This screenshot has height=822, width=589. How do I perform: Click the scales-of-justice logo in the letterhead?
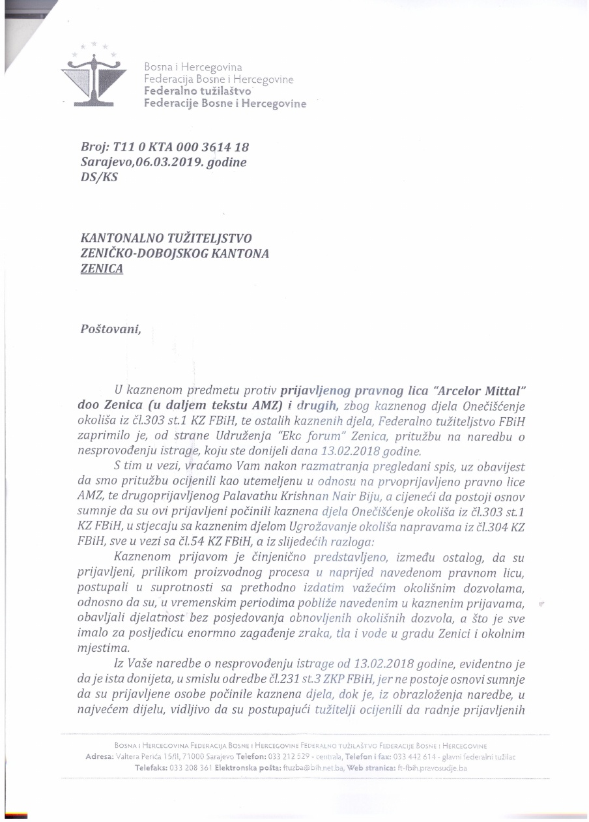[94, 78]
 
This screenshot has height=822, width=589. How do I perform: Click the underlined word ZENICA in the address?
[100, 268]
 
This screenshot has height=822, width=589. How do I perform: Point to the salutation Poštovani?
[110, 329]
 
